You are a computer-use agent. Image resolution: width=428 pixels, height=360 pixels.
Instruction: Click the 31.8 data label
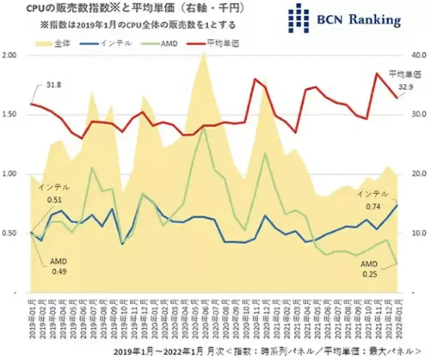(x=53, y=84)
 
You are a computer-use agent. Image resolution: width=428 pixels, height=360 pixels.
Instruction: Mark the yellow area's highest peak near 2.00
(x=203, y=53)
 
